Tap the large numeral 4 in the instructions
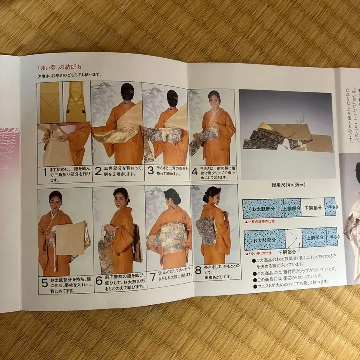tap(194, 171)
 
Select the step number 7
tap(152, 276)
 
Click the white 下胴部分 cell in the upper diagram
tap(312, 207)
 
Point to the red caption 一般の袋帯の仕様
tap(261, 221)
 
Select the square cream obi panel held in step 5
tap(70, 238)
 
